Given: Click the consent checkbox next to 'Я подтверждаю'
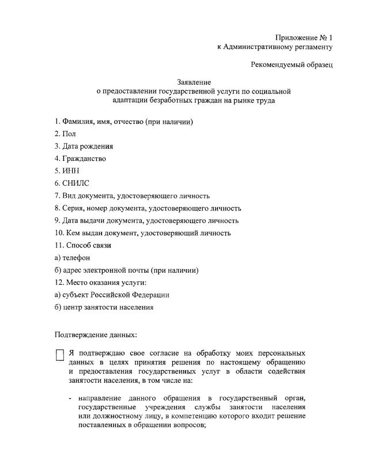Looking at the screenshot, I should coord(59,355).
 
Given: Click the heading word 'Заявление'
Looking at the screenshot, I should coord(194,82).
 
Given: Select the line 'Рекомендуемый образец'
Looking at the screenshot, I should coord(292,65).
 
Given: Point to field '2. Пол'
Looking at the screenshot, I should coord(65,134).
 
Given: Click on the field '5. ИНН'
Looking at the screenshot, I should coord(67,171).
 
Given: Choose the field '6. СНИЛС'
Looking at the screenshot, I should coord(72,183).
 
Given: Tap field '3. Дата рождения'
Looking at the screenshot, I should coord(84,146).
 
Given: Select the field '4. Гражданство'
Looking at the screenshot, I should coord(80,159).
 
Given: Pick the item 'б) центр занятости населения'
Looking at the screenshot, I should coord(104,307).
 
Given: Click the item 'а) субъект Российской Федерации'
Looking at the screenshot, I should coord(112,295).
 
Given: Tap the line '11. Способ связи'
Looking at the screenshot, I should coord(83,245).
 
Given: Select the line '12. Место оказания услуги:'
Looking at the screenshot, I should coord(100,282).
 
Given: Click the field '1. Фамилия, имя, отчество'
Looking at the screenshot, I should coord(123,122).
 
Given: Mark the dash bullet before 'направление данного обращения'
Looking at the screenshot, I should coord(70,398).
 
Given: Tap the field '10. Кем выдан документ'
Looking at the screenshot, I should coord(142,233).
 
